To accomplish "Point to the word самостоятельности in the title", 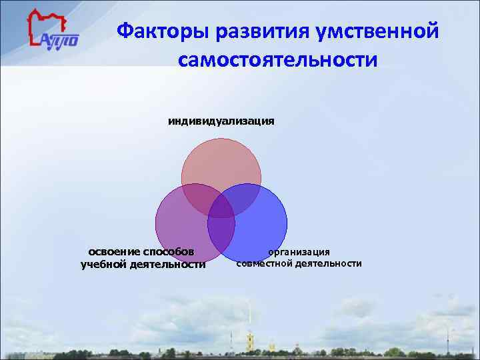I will click(277, 59).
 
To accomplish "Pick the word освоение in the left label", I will click(111, 251).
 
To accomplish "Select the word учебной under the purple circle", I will click(103, 265).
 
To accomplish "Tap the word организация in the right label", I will click(299, 251).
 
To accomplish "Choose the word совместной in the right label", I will click(265, 263).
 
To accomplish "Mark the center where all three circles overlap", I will click(221, 207).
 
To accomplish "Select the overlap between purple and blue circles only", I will click(221, 231).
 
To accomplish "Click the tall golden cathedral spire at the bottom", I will click(249, 320).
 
